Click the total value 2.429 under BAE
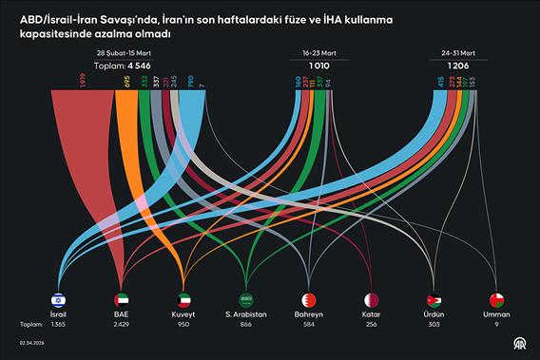point(122,324)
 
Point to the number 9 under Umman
point(495,324)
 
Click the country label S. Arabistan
point(246,314)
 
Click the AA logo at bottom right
point(519,344)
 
